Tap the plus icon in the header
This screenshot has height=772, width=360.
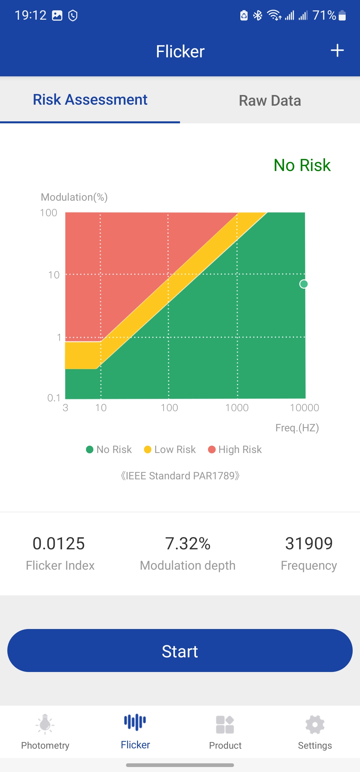pyautogui.click(x=337, y=51)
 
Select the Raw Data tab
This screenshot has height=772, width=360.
pyautogui.click(x=270, y=101)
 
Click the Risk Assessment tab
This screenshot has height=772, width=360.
pyautogui.click(x=90, y=100)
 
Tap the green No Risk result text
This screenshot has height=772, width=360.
pyautogui.click(x=302, y=165)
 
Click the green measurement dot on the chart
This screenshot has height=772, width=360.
pyautogui.click(x=304, y=284)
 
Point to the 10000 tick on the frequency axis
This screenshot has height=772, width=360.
pyautogui.click(x=304, y=408)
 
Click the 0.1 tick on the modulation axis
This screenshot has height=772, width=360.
pyautogui.click(x=54, y=398)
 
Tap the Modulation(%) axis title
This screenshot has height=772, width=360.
pyautogui.click(x=74, y=197)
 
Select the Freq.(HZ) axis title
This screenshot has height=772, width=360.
pyautogui.click(x=297, y=428)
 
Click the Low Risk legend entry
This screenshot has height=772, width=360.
pyautogui.click(x=170, y=450)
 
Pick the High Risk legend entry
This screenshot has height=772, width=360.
pyautogui.click(x=235, y=450)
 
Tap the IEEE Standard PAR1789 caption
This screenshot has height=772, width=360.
pyautogui.click(x=180, y=476)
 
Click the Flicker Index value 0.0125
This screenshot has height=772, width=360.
pyautogui.click(x=59, y=544)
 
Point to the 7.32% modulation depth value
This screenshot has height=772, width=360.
pyautogui.click(x=188, y=544)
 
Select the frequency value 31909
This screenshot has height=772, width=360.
pyautogui.click(x=309, y=544)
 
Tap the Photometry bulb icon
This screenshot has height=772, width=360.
pyautogui.click(x=45, y=724)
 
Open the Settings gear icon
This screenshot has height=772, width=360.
pyautogui.click(x=315, y=724)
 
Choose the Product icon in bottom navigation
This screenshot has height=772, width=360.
pyautogui.click(x=225, y=724)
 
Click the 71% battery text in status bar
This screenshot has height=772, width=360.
pyautogui.click(x=324, y=15)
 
